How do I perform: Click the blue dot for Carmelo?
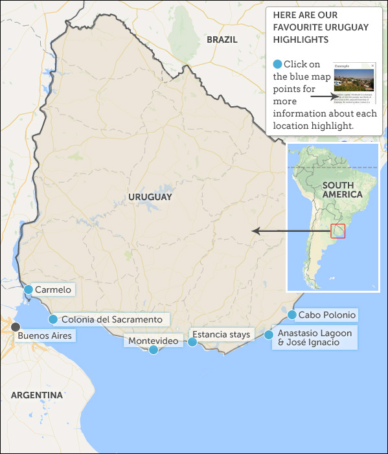tap(29, 290)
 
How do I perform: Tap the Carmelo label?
tap(53, 290)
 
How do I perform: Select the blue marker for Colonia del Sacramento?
tap(53, 319)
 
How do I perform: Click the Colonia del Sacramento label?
tap(111, 319)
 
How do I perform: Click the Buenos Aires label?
tap(45, 335)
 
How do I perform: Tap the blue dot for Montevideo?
tap(154, 350)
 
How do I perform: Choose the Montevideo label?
tap(153, 341)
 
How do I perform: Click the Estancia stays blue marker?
tap(192, 342)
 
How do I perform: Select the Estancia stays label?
tap(221, 334)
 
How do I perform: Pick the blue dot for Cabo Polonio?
tap(291, 315)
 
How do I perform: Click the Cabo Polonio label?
tap(327, 315)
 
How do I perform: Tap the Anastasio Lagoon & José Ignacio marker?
tap(269, 335)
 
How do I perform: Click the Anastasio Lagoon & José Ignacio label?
tap(315, 337)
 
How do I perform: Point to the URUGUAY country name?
tap(150, 197)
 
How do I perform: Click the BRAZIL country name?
tap(222, 40)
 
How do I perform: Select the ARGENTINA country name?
tap(37, 395)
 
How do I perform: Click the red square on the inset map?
tap(337, 231)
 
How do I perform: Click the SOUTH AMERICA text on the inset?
tap(342, 189)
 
